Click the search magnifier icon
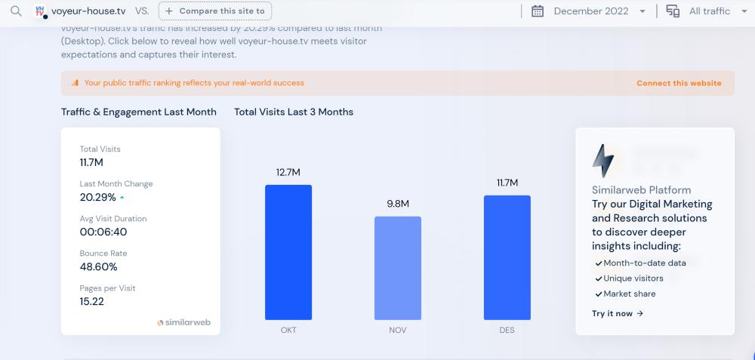click(x=16, y=11)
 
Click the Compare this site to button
click(x=215, y=11)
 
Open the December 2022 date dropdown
click(x=589, y=11)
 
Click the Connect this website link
click(x=679, y=83)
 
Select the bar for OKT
click(x=288, y=252)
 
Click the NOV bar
click(x=398, y=268)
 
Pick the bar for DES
click(x=507, y=257)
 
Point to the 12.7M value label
click(x=288, y=172)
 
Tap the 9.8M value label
click(x=398, y=204)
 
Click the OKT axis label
click(x=288, y=330)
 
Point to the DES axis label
click(x=507, y=330)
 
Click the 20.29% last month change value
click(x=98, y=198)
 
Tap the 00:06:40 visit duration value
click(x=103, y=232)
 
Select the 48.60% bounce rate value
click(x=99, y=267)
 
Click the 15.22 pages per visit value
click(x=92, y=302)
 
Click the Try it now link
click(x=618, y=313)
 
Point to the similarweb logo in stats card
click(x=183, y=322)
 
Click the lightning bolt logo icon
click(x=603, y=160)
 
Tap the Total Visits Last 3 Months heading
click(x=294, y=112)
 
